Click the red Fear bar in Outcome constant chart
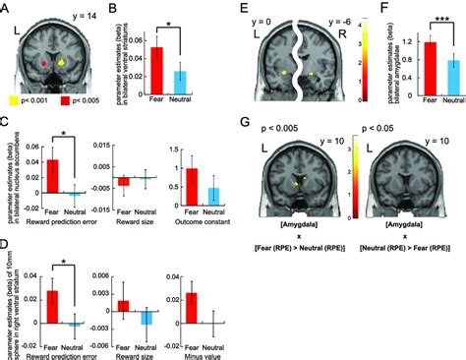[x=192, y=187]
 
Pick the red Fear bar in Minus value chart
[x=192, y=309]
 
